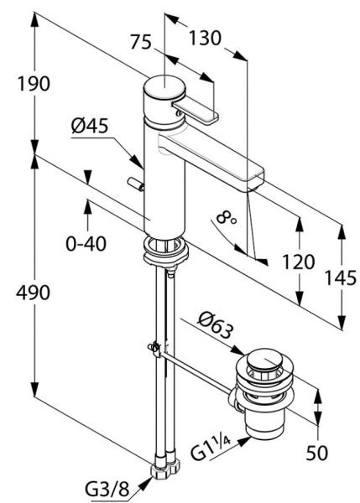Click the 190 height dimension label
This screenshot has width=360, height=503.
point(33,84)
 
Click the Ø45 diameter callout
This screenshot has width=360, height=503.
point(88,127)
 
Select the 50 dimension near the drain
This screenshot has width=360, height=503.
point(315,455)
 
